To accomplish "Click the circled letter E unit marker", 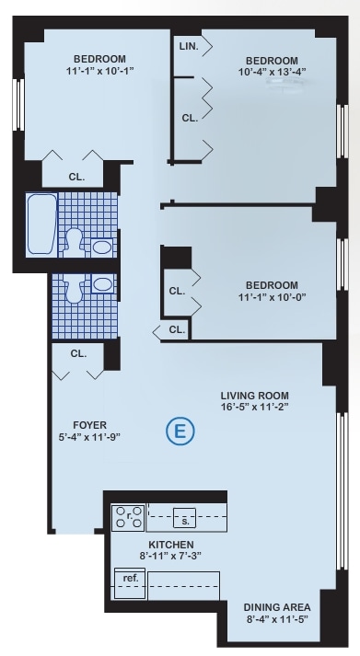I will [x=180, y=430].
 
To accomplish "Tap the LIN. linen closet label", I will [x=187, y=44].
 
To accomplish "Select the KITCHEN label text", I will [x=167, y=545].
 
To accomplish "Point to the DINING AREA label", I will [x=276, y=608].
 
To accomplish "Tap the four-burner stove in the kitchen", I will [x=128, y=519].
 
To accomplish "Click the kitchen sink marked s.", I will [x=184, y=521].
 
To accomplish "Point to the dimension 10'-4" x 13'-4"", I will [x=272, y=71].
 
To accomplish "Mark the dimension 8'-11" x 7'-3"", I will [x=167, y=557].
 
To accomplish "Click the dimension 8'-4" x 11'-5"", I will [x=276, y=621].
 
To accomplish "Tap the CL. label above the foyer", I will [x=78, y=352].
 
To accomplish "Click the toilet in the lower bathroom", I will [x=78, y=287].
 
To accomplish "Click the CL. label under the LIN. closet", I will [x=190, y=118].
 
